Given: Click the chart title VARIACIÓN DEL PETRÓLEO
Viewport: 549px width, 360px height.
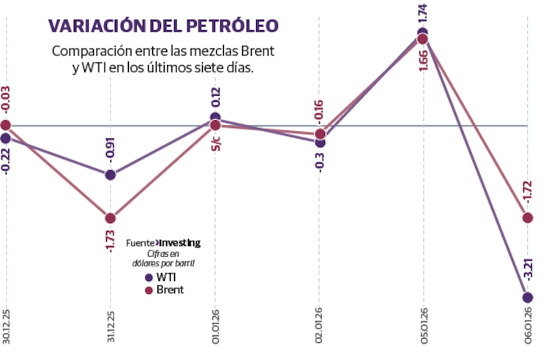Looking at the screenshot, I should click(163, 26).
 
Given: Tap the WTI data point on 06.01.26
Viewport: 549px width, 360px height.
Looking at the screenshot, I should click(528, 297).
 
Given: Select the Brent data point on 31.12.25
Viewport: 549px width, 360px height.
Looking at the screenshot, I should click(110, 218).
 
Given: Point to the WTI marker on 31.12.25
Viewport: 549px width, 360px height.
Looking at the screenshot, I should click(110, 175).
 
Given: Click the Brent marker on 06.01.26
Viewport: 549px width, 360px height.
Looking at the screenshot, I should click(528, 217).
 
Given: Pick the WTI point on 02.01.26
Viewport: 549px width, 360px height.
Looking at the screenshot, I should click(320, 142).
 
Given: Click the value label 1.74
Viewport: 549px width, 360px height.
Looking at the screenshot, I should click(423, 15).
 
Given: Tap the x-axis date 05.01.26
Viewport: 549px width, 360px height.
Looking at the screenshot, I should click(424, 332).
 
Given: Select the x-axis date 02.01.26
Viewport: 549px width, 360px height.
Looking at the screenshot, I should click(320, 332).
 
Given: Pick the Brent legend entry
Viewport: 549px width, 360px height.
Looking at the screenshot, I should click(164, 290).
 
